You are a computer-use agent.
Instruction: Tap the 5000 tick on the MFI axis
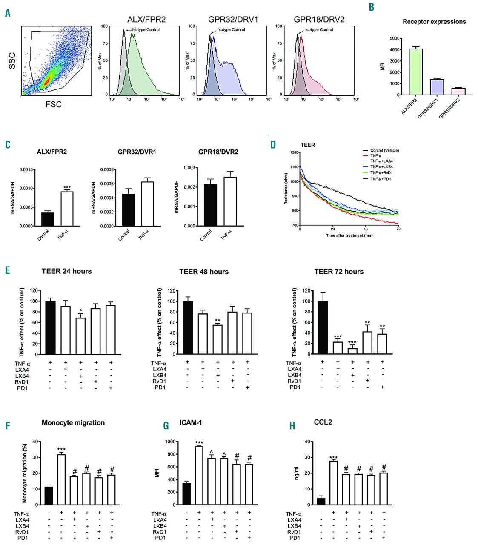click(395, 39)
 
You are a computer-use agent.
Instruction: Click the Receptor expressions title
click(434, 22)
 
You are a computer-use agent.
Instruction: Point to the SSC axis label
click(12, 61)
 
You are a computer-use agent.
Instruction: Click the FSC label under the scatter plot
click(54, 104)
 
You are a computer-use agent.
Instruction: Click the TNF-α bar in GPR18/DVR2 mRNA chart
click(229, 201)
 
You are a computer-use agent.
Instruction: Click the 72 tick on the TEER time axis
click(398, 229)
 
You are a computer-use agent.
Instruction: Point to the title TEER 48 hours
click(204, 272)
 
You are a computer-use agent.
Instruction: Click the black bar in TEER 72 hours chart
click(322, 327)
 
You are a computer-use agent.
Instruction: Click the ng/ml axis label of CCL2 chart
click(297, 473)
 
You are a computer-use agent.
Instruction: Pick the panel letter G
click(166, 426)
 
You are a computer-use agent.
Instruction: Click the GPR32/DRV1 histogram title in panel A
click(233, 20)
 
